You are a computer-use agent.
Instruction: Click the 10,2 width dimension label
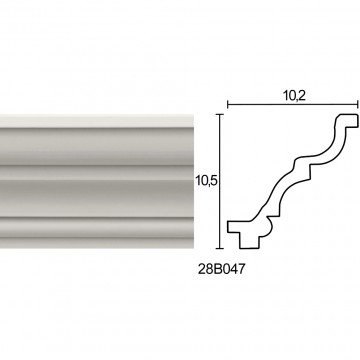(295, 96)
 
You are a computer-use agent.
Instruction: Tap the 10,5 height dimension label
(206, 181)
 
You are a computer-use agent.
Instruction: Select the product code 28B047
(221, 269)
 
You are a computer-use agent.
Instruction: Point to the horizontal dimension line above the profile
(293, 105)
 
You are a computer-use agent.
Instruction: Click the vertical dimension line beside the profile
(219, 181)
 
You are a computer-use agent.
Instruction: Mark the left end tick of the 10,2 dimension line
(227, 105)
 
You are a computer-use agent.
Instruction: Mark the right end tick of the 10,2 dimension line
(358, 105)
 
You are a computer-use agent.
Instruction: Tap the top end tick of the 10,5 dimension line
(219, 114)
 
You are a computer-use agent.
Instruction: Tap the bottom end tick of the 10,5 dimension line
(219, 248)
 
